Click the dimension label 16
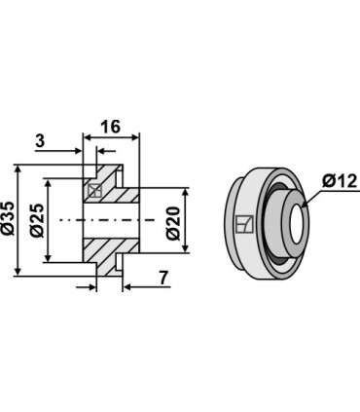coord(110,127)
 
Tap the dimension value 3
coord(40,141)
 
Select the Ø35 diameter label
coord(8,218)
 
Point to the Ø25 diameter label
coord(37,220)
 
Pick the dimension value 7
coord(163,278)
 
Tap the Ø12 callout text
coord(340,181)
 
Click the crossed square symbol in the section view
coord(95,191)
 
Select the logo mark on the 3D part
coord(244,224)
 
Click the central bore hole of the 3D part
coord(298,225)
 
